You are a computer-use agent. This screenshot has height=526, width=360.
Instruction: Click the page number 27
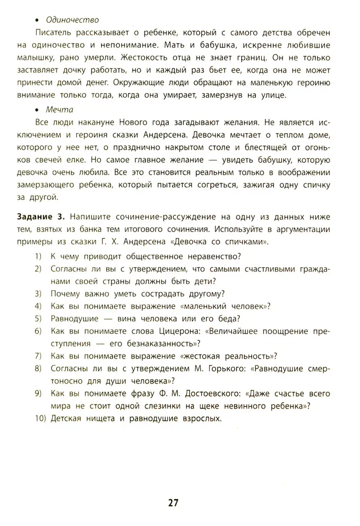pos(174,502)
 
